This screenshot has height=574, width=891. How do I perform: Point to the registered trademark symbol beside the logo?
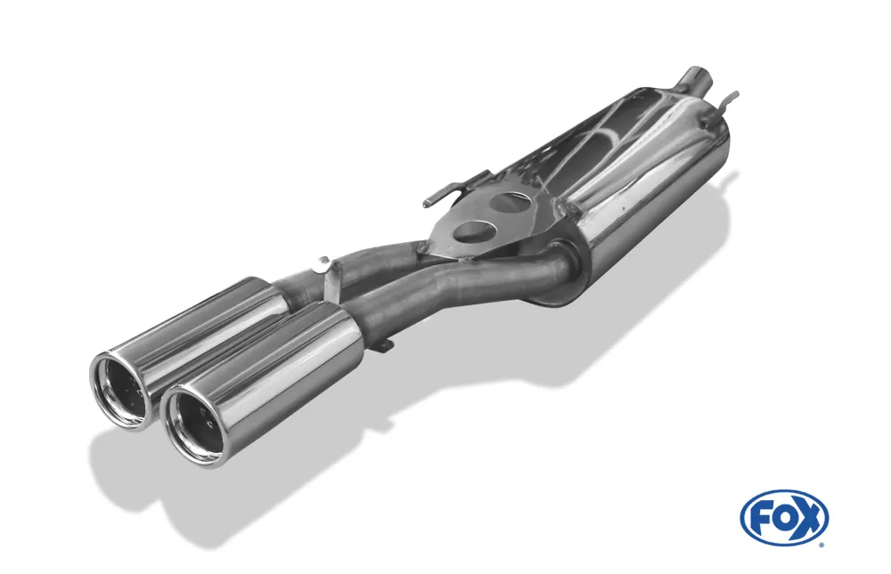(822, 542)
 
